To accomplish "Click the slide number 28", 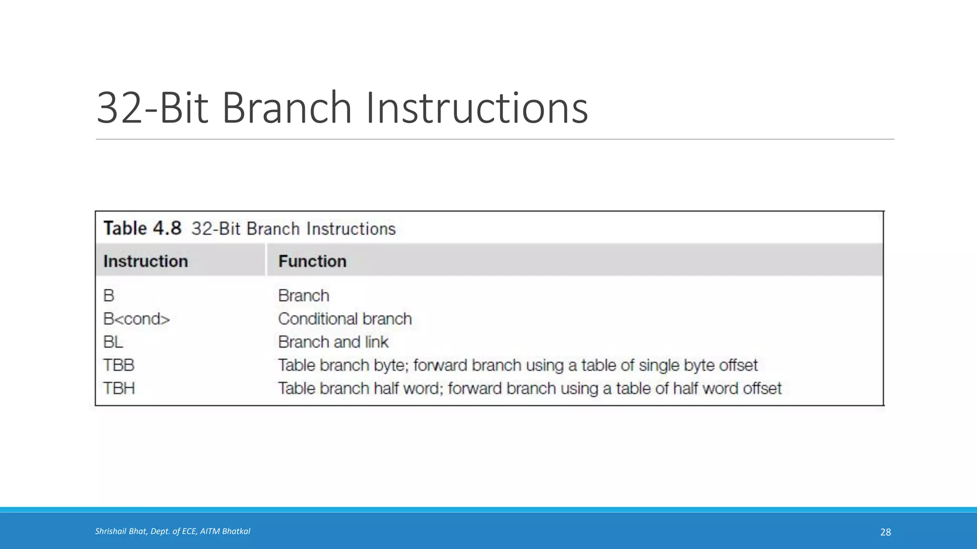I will tap(885, 532).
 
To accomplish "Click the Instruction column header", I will tap(146, 261).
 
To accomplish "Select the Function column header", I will tap(312, 261).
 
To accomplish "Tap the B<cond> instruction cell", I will tap(136, 319).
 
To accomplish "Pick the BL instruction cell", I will tap(113, 342).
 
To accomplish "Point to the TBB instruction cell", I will tap(119, 366).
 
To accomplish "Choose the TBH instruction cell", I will tap(119, 388).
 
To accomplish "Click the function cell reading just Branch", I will tap(303, 296).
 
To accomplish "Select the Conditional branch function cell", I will tap(344, 319).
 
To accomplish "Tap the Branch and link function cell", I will tap(333, 342).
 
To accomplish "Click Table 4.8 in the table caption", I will tap(142, 228).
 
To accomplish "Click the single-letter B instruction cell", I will tap(109, 296).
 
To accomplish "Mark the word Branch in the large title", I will tap(287, 108).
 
